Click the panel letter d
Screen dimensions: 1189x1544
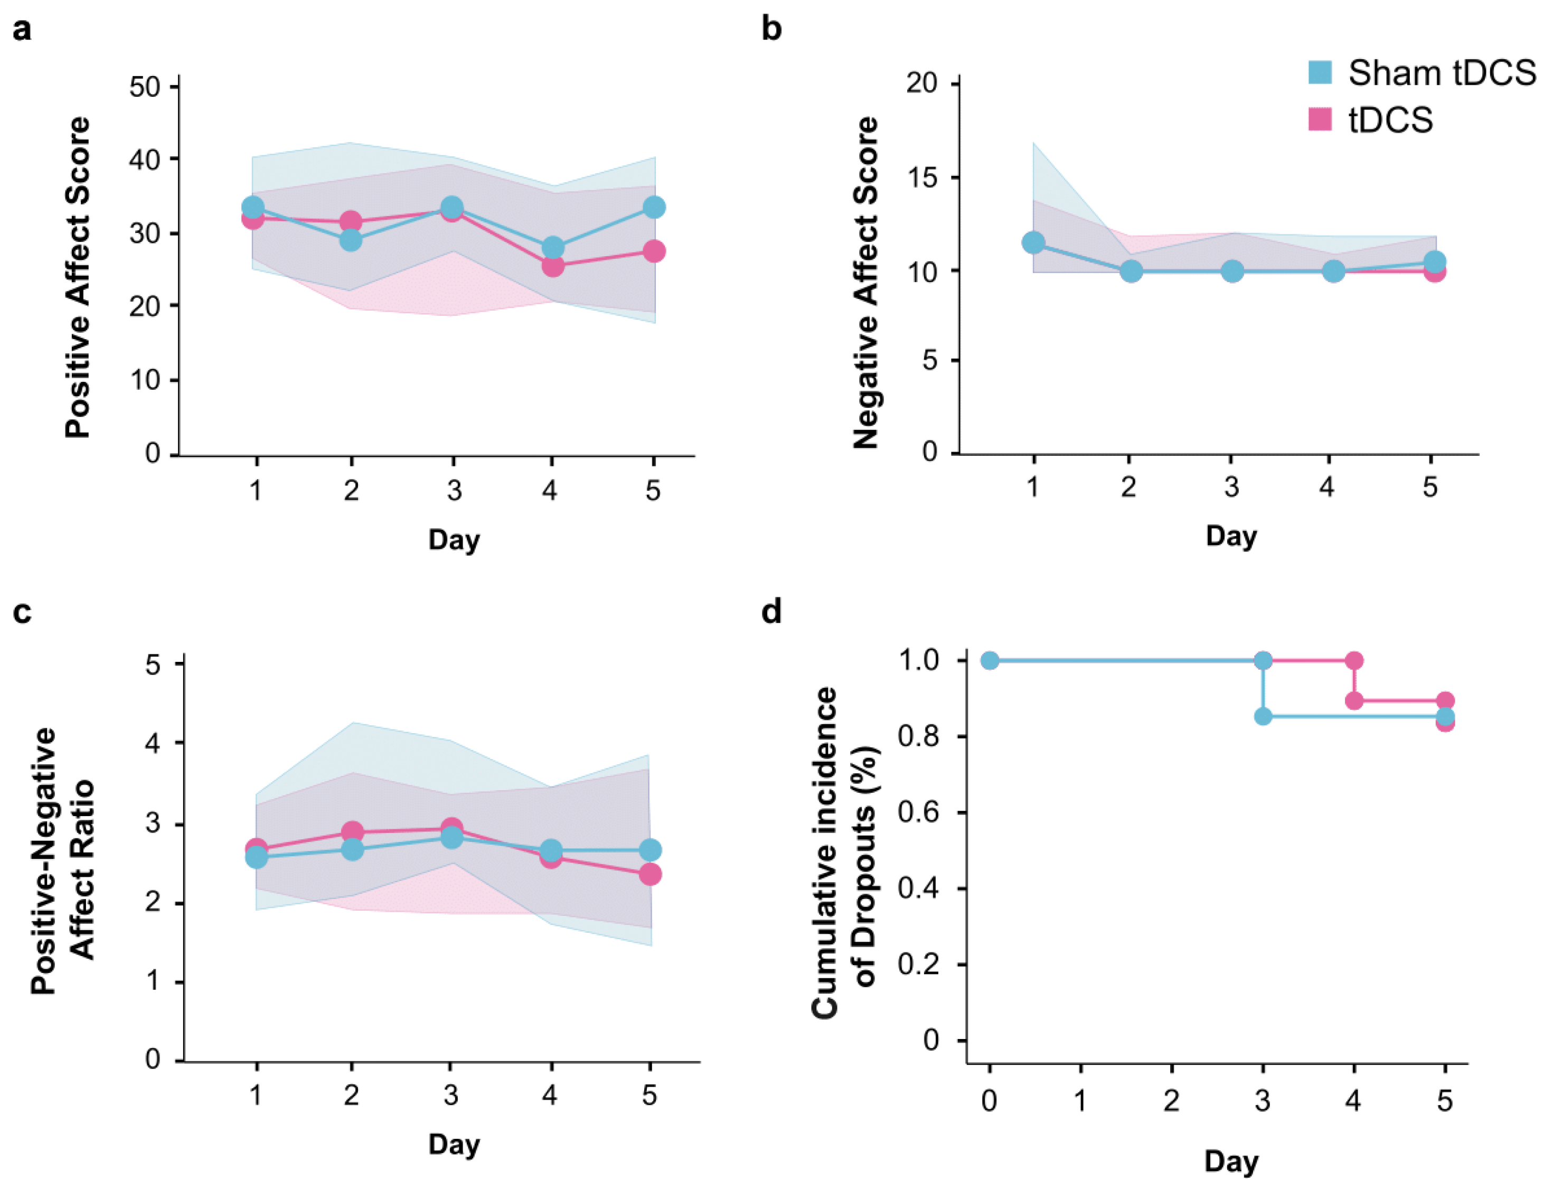click(x=771, y=611)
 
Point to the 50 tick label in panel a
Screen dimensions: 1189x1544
click(x=145, y=87)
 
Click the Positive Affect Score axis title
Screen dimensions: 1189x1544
click(x=78, y=277)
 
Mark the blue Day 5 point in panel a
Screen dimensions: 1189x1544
click(x=654, y=207)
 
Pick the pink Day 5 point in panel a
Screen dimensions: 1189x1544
click(x=654, y=251)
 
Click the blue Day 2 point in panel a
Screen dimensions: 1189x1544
click(x=351, y=240)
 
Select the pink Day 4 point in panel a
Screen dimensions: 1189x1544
click(x=553, y=266)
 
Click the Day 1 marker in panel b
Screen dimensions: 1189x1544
click(x=1033, y=242)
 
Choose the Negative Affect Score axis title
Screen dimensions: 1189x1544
click(x=865, y=283)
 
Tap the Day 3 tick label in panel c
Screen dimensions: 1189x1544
click(x=451, y=1095)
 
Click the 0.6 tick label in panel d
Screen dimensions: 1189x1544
click(x=918, y=811)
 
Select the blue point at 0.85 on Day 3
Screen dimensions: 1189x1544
click(x=1263, y=716)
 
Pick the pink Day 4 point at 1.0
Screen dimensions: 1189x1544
click(x=1354, y=661)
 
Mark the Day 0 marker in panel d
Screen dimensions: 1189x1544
click(x=990, y=661)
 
